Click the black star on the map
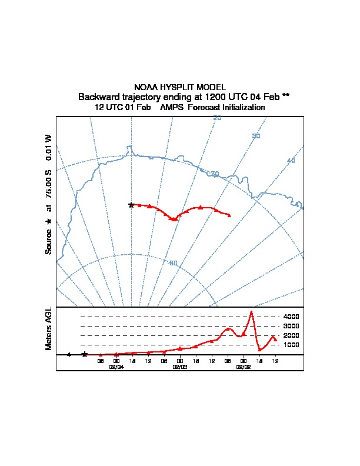(x=131, y=205)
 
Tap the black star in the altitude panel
(x=85, y=354)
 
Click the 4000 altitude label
(x=291, y=317)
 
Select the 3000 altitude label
(x=291, y=326)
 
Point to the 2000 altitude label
(x=291, y=335)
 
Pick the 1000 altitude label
(x=291, y=345)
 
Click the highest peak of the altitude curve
(x=252, y=311)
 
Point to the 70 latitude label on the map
(x=215, y=174)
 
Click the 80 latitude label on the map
(x=173, y=263)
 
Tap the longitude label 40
(x=291, y=161)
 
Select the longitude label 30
(x=256, y=137)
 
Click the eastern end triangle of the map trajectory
(x=229, y=216)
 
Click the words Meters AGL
(x=49, y=329)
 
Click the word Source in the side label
(x=49, y=242)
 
